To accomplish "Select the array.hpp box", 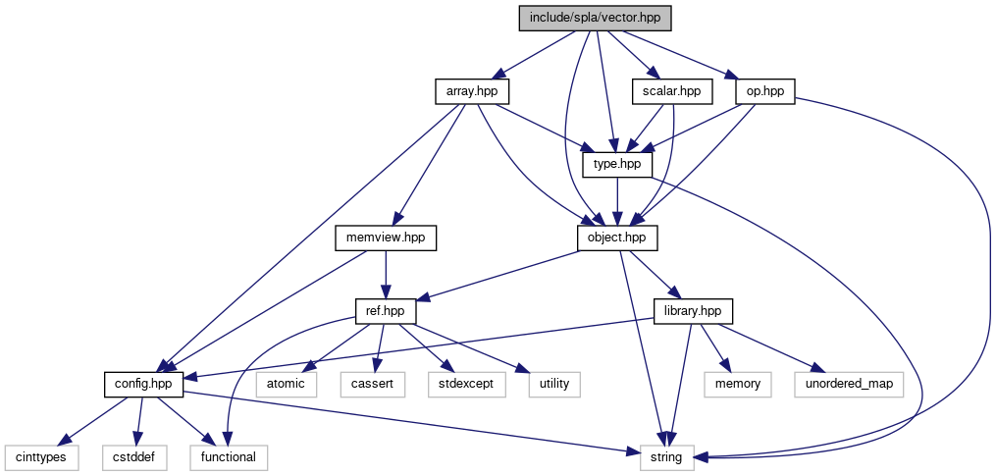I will pos(472,91).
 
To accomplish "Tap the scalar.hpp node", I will pos(671,91).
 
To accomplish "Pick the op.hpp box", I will pos(764,91).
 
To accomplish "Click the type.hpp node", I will pos(617,164).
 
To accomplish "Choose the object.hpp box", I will pos(616,238).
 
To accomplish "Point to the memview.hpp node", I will pos(385,238).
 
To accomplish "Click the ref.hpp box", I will pos(385,311).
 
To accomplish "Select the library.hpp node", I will pos(693,311).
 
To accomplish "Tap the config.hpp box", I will pos(144,384).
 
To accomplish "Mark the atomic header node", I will pos(287,384).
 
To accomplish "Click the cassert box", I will pos(373,384).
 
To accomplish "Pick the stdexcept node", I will pos(466,384).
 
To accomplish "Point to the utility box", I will pos(554,384).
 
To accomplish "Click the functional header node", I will pos(228,456).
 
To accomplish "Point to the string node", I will pos(667,456).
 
